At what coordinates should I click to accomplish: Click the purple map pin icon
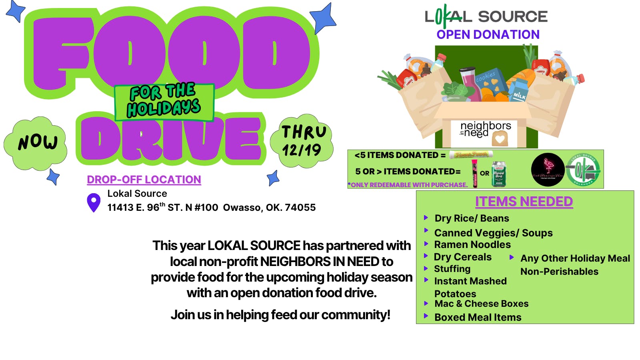pos(94,202)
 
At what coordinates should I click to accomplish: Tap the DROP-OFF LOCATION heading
pos(144,180)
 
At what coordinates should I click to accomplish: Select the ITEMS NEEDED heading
pos(524,202)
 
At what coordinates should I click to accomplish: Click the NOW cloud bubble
pos(37,142)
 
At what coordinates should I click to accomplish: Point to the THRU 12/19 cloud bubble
pos(302,141)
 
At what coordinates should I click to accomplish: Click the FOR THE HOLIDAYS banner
pos(164,102)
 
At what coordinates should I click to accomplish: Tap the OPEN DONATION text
pos(488,35)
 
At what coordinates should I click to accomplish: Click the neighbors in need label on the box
pos(485,130)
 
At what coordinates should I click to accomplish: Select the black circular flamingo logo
pos(548,170)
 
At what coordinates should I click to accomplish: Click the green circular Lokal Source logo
pos(583,170)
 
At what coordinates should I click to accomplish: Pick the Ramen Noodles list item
pos(472,244)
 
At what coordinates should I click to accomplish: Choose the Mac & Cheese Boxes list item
pos(482,304)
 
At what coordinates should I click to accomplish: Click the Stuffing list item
pos(452,269)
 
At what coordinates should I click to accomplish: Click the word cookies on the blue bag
pos(486,76)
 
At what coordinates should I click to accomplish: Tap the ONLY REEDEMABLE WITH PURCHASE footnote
pos(408,185)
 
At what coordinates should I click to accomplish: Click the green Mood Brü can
pos(498,174)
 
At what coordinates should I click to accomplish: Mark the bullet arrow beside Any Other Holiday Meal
pos(511,258)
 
